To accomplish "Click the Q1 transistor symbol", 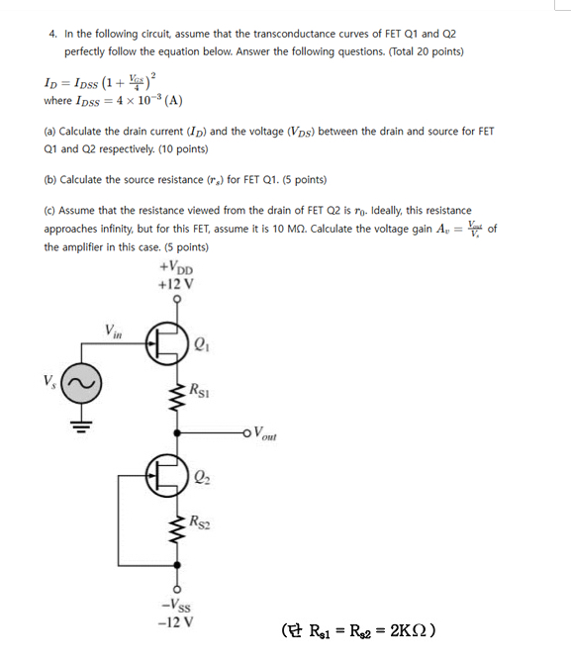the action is pos(168,343).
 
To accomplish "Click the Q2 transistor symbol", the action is pos(168,473).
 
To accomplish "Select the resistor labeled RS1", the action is pos(179,400).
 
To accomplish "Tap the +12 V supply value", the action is pos(175,283).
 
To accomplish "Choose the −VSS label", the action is pos(176,607).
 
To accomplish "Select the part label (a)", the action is pos(50,131).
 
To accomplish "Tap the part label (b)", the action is pos(50,179).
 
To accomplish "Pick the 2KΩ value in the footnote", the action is pos(409,630).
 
